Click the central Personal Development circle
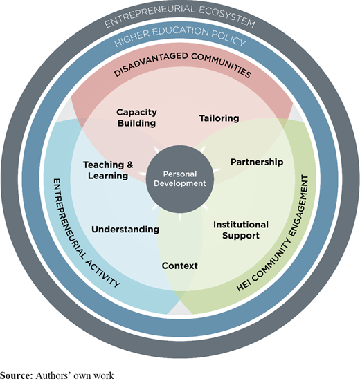click(180, 179)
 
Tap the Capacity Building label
click(136, 118)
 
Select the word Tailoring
click(219, 118)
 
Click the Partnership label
click(257, 162)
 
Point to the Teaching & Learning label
click(108, 170)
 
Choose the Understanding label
click(125, 230)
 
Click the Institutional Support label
click(241, 230)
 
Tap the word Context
click(180, 266)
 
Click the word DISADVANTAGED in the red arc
click(150, 64)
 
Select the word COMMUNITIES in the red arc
click(222, 65)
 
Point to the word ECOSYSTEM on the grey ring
click(227, 15)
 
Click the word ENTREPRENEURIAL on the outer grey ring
click(150, 15)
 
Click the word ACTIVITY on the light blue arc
click(103, 273)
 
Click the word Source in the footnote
click(16, 375)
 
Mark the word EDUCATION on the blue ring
click(181, 31)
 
